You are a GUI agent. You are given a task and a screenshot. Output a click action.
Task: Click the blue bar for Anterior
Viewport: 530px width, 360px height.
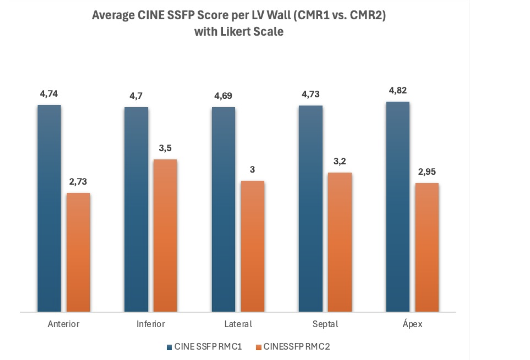[x=49, y=208]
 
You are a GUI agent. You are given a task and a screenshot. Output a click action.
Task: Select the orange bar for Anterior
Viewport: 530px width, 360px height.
[x=78, y=252]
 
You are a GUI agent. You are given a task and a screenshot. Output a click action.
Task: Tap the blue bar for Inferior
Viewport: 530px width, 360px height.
[x=136, y=209]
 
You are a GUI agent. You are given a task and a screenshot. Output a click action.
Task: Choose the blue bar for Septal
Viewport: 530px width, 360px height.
[x=311, y=208]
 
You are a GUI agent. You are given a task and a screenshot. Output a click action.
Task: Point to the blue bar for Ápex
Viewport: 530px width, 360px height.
[x=398, y=207]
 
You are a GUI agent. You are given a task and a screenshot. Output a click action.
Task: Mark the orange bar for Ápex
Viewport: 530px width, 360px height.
[x=427, y=247]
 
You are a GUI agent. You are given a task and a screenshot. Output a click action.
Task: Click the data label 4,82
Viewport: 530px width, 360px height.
[x=398, y=90]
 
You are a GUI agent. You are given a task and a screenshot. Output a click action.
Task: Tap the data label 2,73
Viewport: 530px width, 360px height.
[x=78, y=182]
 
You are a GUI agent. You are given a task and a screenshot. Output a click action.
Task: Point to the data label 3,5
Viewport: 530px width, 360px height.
[x=165, y=148]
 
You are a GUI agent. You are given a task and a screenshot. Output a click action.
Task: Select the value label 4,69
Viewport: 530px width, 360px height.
[x=223, y=96]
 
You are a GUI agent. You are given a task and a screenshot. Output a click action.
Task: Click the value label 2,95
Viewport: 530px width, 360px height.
[x=427, y=172]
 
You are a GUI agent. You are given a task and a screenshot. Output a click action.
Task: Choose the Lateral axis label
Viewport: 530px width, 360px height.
[x=238, y=324]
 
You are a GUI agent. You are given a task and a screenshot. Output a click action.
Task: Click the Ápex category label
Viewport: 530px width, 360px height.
[x=412, y=324]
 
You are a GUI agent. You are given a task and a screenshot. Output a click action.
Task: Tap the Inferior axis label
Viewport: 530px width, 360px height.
[x=151, y=324]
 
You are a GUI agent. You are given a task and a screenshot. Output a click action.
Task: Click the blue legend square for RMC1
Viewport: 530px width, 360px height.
[x=169, y=347]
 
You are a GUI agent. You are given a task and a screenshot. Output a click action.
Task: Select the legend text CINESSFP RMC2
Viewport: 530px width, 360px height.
[x=297, y=347]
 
